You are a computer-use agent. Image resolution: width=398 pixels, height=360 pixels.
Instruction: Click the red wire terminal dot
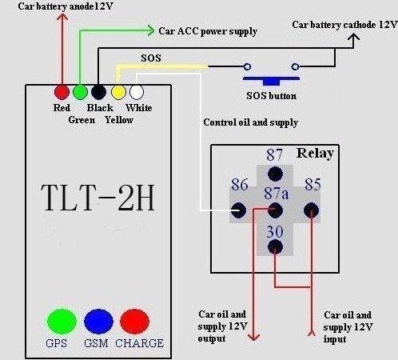pos(62,92)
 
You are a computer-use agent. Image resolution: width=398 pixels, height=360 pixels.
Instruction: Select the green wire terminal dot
pos(80,92)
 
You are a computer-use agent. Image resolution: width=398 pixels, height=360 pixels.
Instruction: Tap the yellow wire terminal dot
pos(118,92)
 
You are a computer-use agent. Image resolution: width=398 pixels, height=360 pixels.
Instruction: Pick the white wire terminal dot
pos(137,92)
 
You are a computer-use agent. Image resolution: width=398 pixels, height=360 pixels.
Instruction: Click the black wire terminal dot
pos(99,92)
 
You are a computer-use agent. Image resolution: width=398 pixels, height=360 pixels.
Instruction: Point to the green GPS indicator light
pos(62,322)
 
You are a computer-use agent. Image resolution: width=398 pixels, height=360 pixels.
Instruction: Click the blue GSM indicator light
pos(98,322)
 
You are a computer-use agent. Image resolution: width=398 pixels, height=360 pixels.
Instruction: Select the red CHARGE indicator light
pos(134,322)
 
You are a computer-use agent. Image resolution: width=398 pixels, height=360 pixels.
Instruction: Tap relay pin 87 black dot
pos(275,174)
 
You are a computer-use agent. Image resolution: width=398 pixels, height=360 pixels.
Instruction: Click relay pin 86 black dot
pos(238,210)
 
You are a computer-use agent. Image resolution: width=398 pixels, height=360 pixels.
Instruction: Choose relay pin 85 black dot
pos(311,210)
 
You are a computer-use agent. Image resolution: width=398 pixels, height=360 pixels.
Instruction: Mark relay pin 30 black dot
pos(275,246)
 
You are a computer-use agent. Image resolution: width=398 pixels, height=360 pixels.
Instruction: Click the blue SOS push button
pos(271,81)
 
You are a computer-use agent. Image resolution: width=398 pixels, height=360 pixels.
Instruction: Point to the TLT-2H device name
pos(98,198)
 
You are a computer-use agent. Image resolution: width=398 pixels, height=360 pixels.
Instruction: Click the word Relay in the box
pos(315,154)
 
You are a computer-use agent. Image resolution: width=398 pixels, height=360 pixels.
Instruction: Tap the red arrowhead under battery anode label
pos(62,17)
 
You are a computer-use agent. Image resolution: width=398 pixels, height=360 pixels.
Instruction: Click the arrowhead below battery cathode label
pos(353,37)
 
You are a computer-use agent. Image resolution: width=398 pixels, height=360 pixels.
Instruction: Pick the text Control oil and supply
pos(250,122)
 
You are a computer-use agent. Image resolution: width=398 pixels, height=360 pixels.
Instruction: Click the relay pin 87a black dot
pos(275,210)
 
